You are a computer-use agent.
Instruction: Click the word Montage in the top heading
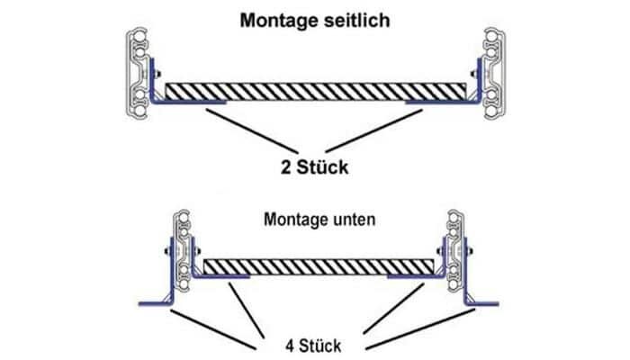coord(273,21)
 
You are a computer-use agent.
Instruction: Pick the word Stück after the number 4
coord(320,346)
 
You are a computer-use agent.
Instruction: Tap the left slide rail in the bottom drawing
coord(184,248)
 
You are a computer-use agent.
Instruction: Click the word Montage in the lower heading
coord(294,219)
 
